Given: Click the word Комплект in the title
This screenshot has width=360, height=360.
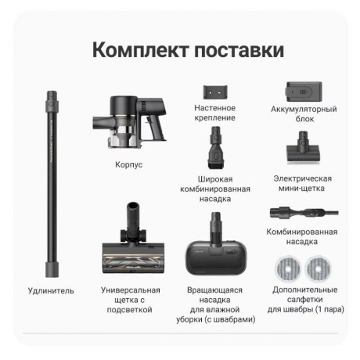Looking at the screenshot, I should coord(139,51).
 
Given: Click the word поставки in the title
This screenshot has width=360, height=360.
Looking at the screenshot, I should coord(237,51).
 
